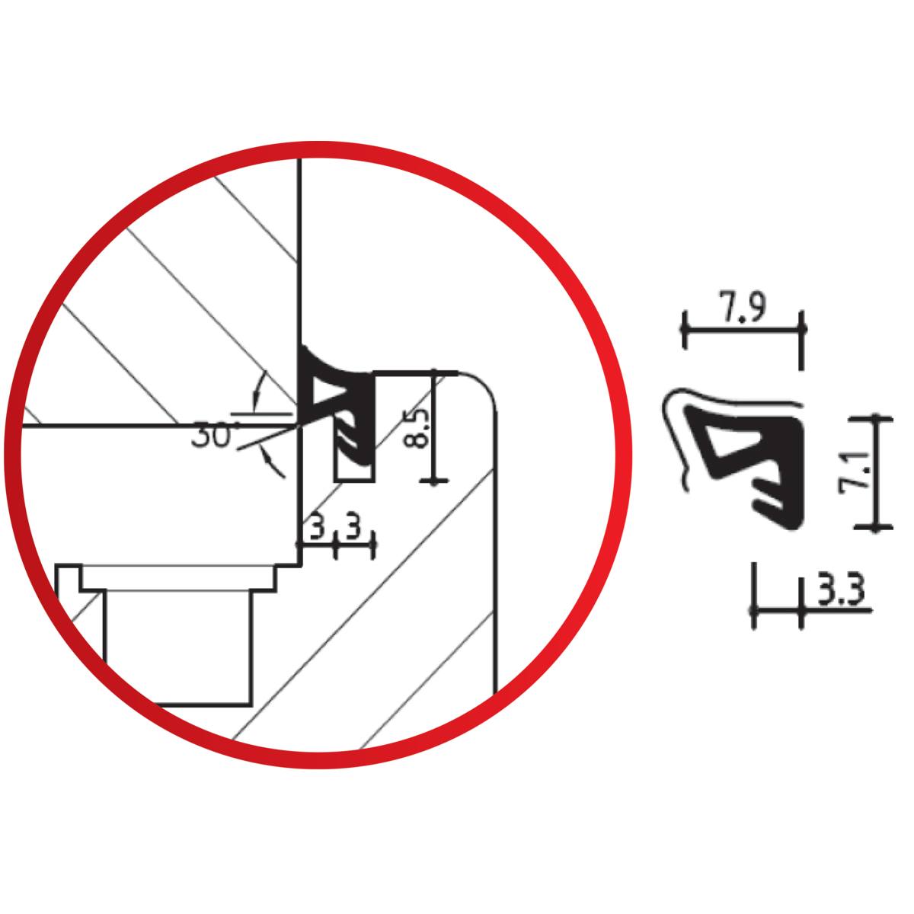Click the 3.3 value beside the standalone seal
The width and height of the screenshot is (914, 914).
click(836, 593)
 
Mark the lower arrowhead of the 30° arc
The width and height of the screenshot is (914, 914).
click(267, 457)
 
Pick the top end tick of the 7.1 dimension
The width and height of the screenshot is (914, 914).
click(878, 417)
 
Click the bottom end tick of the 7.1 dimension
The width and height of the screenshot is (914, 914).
click(878, 526)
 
